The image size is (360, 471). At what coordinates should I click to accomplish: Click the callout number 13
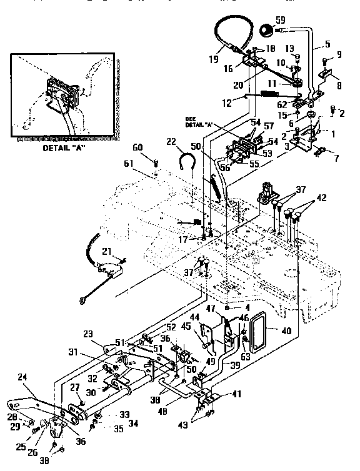coord(289,48)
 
